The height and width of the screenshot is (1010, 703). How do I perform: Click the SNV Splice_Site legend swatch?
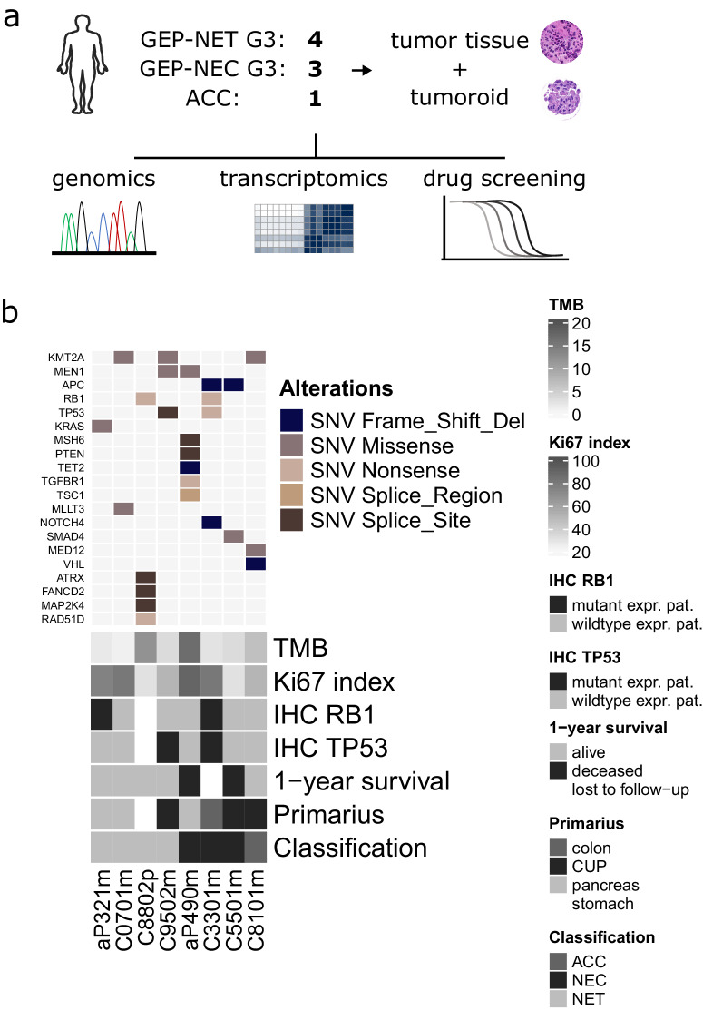click(292, 519)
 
